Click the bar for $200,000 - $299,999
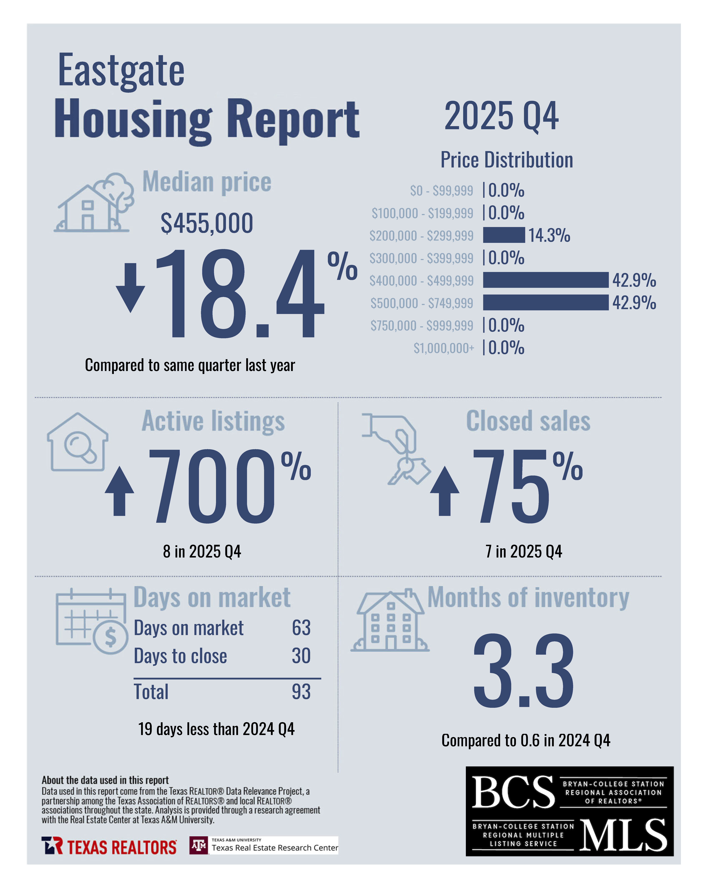point(504,235)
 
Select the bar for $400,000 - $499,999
point(545,280)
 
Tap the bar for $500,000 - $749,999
point(545,303)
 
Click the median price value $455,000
point(207,223)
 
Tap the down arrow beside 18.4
point(130,288)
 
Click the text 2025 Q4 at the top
point(501,116)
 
